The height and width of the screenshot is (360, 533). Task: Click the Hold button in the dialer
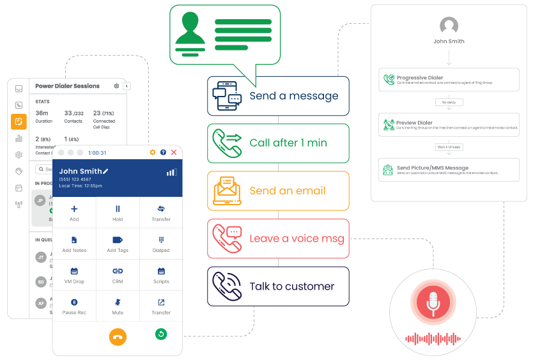pyautogui.click(x=118, y=212)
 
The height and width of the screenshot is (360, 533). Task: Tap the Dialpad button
pyautogui.click(x=161, y=244)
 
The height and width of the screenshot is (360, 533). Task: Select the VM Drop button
pyautogui.click(x=74, y=275)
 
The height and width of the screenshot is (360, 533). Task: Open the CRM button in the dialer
pyautogui.click(x=118, y=275)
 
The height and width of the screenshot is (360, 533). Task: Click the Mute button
pyautogui.click(x=118, y=306)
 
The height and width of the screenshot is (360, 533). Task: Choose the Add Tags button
pyautogui.click(x=118, y=244)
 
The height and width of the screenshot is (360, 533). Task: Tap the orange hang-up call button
pyautogui.click(x=118, y=336)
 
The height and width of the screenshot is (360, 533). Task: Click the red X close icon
pyautogui.click(x=174, y=152)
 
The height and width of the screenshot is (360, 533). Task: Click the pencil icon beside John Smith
pyautogui.click(x=105, y=171)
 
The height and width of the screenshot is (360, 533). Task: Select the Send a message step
pyautogui.click(x=278, y=96)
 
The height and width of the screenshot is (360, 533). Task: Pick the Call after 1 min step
pyautogui.click(x=278, y=143)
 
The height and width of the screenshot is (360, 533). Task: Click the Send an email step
pyautogui.click(x=278, y=191)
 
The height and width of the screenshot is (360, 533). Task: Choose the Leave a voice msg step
pyautogui.click(x=278, y=239)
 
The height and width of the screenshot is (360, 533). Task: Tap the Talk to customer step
pyautogui.click(x=278, y=286)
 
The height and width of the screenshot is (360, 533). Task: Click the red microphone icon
pyautogui.click(x=433, y=302)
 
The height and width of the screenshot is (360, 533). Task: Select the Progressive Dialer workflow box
pyautogui.click(x=448, y=81)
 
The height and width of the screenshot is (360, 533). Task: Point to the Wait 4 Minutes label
pyautogui.click(x=449, y=147)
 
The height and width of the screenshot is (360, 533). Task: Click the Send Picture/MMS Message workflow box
pyautogui.click(x=448, y=170)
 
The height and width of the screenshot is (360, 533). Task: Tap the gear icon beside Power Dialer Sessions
pyautogui.click(x=116, y=86)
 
